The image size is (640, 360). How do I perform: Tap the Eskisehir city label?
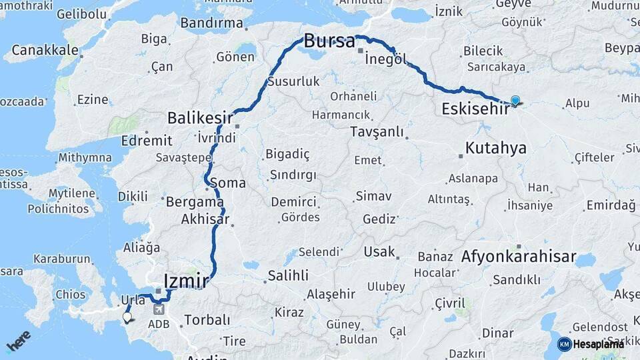[476, 109]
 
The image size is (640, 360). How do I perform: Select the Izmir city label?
[186, 281]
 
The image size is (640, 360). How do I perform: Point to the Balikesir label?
[200, 118]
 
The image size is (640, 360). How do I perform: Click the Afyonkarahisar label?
[519, 257]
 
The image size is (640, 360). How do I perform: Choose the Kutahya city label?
[496, 147]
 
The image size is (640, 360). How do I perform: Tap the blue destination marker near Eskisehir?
[515, 101]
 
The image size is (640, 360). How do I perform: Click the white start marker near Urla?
[127, 318]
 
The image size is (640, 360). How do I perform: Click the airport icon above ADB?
[159, 309]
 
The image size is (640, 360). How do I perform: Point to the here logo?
[18, 341]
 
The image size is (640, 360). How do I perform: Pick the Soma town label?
[227, 183]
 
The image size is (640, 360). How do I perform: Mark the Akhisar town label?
[205, 219]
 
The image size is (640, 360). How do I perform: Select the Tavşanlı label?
[377, 132]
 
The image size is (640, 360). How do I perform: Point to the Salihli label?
[288, 275]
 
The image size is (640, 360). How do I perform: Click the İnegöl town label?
[385, 59]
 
